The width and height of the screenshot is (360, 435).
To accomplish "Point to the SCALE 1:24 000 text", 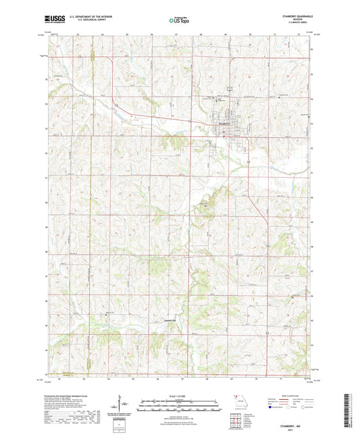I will (x=180, y=395).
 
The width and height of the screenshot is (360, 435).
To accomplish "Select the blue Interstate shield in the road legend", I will (x=271, y=408).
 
